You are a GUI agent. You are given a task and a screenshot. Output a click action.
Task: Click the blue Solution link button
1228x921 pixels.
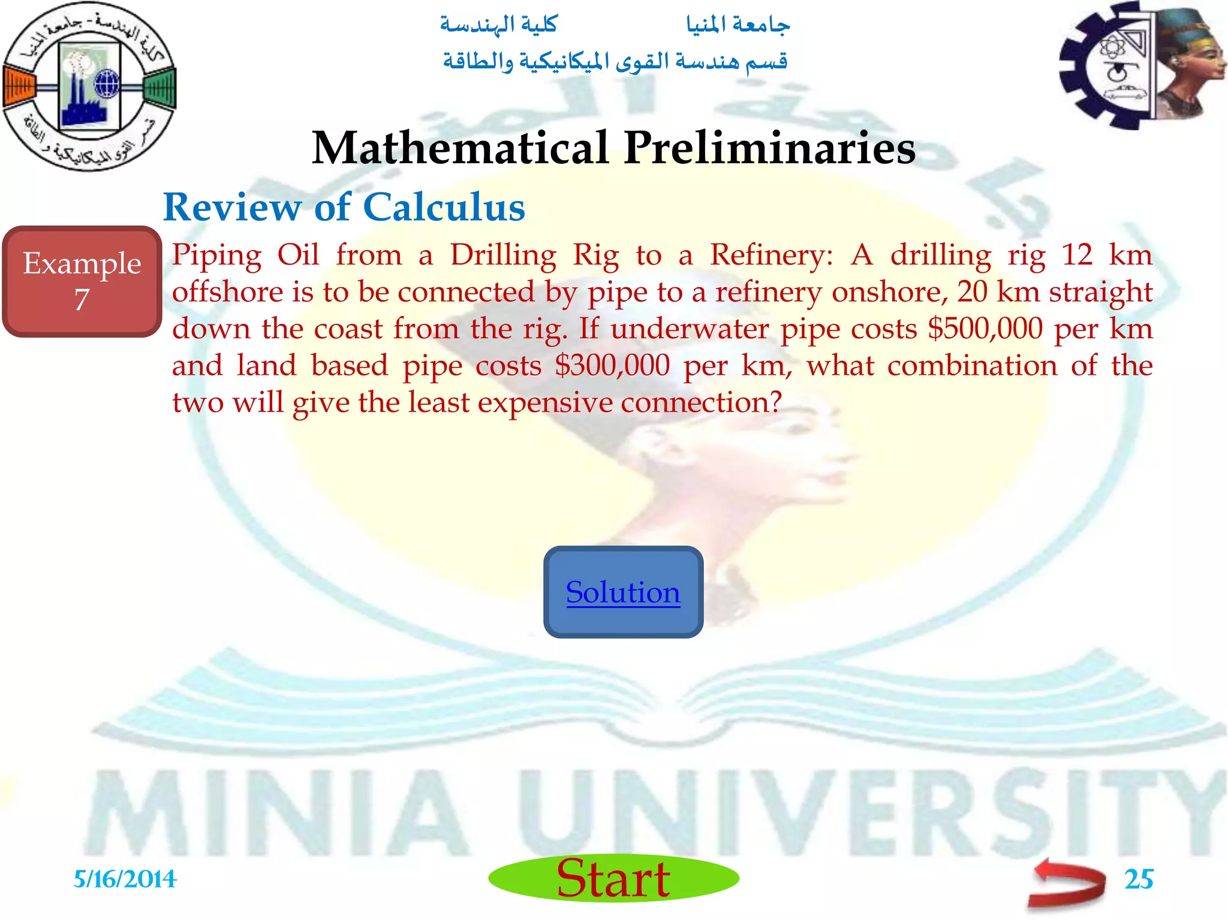click(623, 592)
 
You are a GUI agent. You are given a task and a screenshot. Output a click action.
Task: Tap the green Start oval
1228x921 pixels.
click(613, 878)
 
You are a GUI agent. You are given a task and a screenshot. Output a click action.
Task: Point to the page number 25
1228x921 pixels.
click(1138, 879)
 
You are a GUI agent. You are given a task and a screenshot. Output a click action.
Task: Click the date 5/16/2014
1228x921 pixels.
click(125, 880)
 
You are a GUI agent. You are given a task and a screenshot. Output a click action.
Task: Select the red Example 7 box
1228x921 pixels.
click(82, 281)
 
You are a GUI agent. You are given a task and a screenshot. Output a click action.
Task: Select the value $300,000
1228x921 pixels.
click(612, 365)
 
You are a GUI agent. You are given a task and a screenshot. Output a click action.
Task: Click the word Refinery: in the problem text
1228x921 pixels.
click(771, 255)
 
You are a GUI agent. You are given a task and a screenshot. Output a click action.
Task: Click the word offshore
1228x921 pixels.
click(228, 292)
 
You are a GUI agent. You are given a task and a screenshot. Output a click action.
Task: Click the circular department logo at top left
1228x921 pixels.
click(89, 86)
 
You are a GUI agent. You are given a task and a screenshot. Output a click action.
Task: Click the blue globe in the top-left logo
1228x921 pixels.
click(107, 83)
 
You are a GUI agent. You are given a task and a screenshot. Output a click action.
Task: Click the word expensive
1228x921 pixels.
click(545, 402)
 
